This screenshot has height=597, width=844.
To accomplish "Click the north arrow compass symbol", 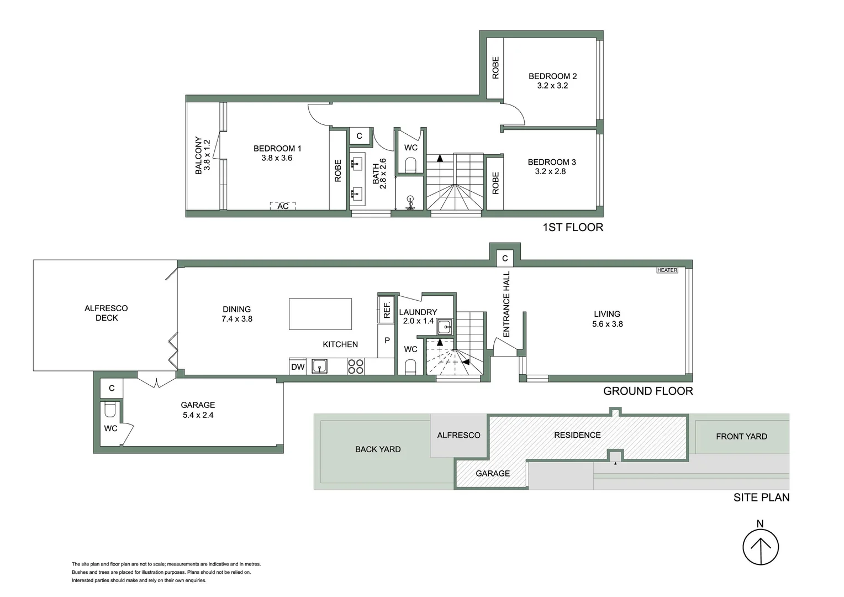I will pyautogui.click(x=760, y=547).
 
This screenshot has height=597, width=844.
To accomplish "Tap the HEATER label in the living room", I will pyautogui.click(x=667, y=270).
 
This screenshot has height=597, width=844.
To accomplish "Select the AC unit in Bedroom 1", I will pyautogui.click(x=283, y=206).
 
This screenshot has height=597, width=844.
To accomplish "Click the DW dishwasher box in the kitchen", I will pyautogui.click(x=298, y=366).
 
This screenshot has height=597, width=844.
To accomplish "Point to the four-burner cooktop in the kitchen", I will pyautogui.click(x=355, y=366).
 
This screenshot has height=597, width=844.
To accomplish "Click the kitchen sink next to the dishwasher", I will pyautogui.click(x=319, y=366).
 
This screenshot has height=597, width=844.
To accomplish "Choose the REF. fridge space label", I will pyautogui.click(x=387, y=308).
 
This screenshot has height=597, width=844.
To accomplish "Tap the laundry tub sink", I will pyautogui.click(x=445, y=327).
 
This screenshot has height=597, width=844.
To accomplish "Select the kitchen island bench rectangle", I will pyautogui.click(x=320, y=314).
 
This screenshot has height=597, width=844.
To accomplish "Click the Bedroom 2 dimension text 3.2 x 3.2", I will pyautogui.click(x=552, y=86).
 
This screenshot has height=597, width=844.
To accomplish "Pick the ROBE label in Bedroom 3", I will pyautogui.click(x=495, y=183).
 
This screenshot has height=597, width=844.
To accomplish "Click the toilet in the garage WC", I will pyautogui.click(x=109, y=410).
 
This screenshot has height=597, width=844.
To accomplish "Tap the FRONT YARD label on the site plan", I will pyautogui.click(x=741, y=437).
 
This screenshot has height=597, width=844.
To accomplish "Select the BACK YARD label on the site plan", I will pyautogui.click(x=378, y=449).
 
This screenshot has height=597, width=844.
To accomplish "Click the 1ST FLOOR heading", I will pyautogui.click(x=573, y=227).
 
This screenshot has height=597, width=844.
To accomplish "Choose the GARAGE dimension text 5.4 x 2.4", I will pyautogui.click(x=198, y=415).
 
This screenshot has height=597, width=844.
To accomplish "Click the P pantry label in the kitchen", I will pyautogui.click(x=387, y=341).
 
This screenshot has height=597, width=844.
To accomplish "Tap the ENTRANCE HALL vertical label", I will pyautogui.click(x=507, y=304).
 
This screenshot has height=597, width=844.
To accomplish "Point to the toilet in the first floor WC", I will pyautogui.click(x=410, y=165).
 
